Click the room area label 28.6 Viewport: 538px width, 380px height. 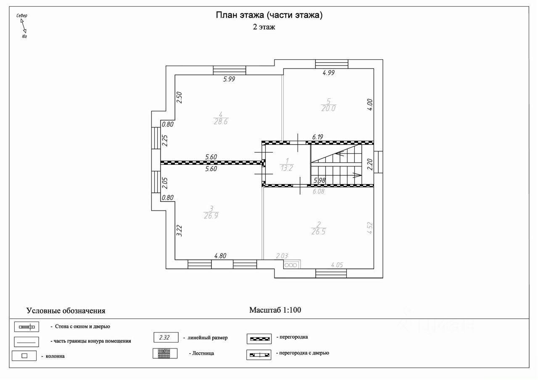(221, 122)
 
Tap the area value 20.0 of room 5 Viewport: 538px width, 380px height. (329, 108)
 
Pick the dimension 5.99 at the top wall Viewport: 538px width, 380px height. (229, 79)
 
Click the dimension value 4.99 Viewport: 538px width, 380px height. (329, 73)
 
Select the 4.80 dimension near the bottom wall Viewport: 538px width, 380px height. (221, 255)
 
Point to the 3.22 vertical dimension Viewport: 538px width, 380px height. (179, 232)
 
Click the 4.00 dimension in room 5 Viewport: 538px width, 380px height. (369, 104)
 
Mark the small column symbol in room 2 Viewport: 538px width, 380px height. (291, 265)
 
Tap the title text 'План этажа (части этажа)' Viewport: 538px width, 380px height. (269, 16)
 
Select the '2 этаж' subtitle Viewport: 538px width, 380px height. (264, 27)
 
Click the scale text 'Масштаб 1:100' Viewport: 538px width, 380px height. (275, 310)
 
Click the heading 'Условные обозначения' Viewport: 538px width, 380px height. (66, 311)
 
